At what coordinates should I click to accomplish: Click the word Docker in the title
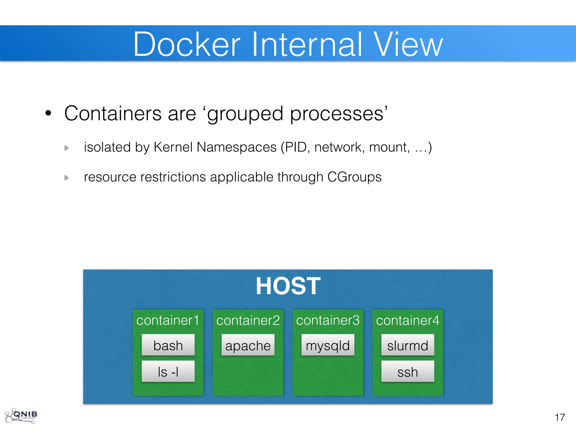click(x=187, y=44)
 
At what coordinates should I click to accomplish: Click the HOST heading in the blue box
click(x=288, y=286)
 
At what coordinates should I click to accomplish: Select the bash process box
click(x=168, y=345)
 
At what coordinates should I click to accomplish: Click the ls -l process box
click(x=168, y=372)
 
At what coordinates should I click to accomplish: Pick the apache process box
click(x=248, y=345)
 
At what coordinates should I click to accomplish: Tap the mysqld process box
click(x=328, y=345)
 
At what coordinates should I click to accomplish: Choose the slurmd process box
click(x=408, y=345)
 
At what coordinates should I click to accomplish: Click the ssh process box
click(x=408, y=372)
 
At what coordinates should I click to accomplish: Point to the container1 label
click(x=168, y=320)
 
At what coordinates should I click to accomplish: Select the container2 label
click(x=248, y=320)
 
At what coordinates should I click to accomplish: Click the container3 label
click(x=328, y=320)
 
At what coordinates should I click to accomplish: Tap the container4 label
click(x=408, y=320)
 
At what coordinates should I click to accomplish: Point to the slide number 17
click(x=560, y=417)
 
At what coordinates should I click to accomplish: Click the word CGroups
click(x=354, y=177)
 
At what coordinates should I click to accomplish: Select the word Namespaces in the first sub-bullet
click(x=237, y=147)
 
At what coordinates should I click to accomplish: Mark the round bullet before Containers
click(x=48, y=113)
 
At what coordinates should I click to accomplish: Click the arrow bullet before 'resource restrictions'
click(x=67, y=178)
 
